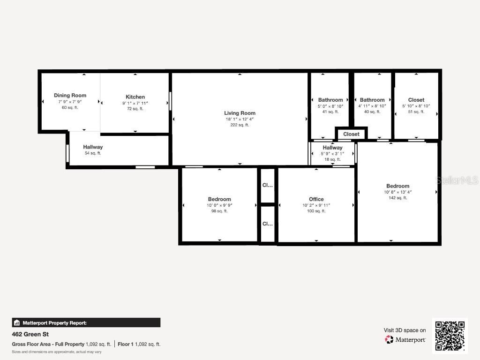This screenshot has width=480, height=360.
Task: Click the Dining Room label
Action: [70, 96]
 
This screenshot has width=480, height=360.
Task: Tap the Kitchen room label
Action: [135, 97]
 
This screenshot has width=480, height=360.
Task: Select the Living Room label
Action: [240, 113]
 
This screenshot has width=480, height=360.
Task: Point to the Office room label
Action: [316, 199]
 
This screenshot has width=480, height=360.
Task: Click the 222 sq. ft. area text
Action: [240, 125]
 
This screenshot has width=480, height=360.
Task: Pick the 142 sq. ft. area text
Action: [397, 198]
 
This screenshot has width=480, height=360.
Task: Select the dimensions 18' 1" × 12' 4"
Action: [240, 119]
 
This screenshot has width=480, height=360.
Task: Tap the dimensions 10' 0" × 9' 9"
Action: [219, 205]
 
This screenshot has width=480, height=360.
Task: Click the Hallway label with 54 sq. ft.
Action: [93, 147]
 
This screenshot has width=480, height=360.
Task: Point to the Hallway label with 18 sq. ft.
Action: [332, 148]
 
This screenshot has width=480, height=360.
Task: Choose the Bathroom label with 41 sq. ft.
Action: [330, 100]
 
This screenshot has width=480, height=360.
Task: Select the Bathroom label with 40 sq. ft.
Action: [372, 100]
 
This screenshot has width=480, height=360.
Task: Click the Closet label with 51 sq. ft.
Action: [416, 100]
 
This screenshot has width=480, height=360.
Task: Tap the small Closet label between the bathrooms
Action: [351, 134]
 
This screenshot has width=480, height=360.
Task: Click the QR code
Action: [450, 336]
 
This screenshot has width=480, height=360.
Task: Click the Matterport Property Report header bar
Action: [86, 322]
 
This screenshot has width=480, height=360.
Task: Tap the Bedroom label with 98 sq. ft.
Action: [219, 199]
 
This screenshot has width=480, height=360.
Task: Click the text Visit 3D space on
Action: [405, 330]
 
